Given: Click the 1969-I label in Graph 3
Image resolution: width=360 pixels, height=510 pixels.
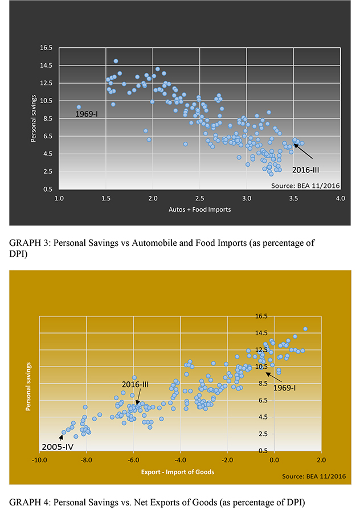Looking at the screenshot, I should [87, 114].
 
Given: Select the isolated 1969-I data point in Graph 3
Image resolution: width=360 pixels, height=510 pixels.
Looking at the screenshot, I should [79, 107].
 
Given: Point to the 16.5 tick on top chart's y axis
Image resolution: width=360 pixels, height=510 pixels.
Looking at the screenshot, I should [46, 47].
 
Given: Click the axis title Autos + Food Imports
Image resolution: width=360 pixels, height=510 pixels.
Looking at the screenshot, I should [199, 209].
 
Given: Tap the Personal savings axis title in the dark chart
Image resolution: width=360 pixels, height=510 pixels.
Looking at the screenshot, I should [32, 118].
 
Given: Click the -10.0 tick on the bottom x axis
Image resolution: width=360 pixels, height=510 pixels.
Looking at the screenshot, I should [39, 460].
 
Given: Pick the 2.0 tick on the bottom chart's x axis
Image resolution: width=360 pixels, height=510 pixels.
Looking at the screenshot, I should [321, 460].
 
